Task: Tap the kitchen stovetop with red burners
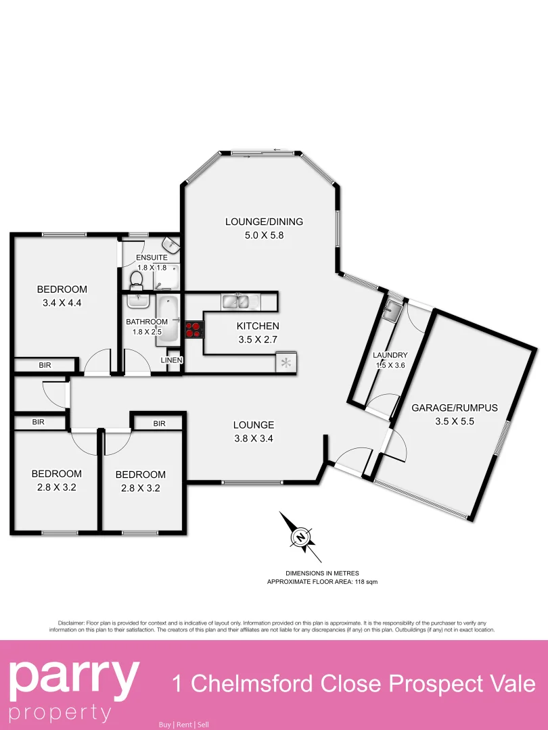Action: (194, 329)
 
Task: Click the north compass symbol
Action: (299, 537)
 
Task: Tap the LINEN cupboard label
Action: (171, 360)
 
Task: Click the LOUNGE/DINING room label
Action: (264, 221)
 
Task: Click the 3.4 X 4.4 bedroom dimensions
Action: (62, 303)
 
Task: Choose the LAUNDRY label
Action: (390, 355)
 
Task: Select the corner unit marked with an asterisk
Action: (286, 363)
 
